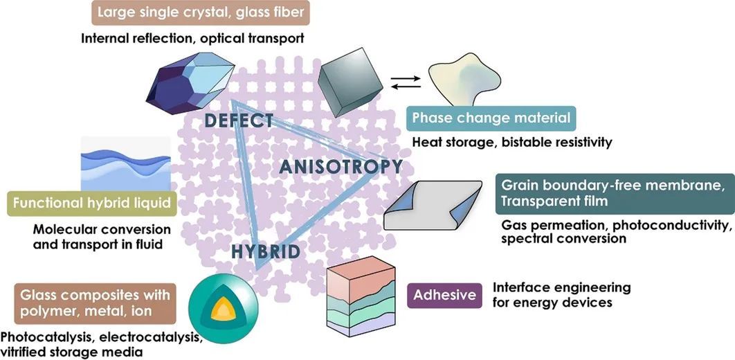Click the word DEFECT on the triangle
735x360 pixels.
(239, 120)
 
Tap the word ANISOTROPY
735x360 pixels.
(341, 167)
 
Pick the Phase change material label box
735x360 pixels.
(491, 118)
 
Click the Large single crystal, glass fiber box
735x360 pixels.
(201, 12)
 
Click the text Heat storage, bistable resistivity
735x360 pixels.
(511, 143)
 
